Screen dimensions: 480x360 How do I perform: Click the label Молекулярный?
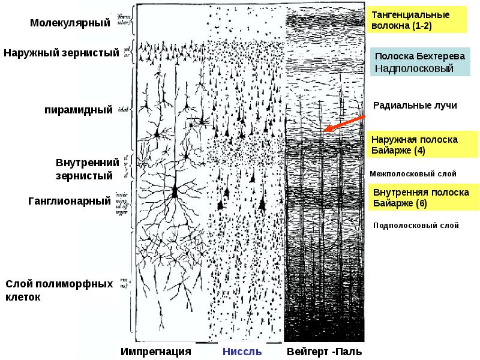tap(70, 23)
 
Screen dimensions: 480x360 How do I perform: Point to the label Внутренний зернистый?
tap(84, 169)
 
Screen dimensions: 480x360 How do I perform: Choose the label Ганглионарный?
tap(70, 200)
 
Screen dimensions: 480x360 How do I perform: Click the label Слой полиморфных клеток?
tap(59, 290)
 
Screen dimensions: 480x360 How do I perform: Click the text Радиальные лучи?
tap(415, 106)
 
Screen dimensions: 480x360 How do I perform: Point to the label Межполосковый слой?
tap(413, 173)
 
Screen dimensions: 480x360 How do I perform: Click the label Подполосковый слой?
tap(416, 226)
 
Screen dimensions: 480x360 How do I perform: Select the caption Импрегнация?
tap(155, 352)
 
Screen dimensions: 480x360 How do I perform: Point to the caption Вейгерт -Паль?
tap(324, 352)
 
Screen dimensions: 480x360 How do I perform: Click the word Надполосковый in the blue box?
tap(414, 68)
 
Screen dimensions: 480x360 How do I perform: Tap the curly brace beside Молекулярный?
tap(132, 24)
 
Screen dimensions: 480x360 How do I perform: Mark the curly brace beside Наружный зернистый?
tap(137, 52)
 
